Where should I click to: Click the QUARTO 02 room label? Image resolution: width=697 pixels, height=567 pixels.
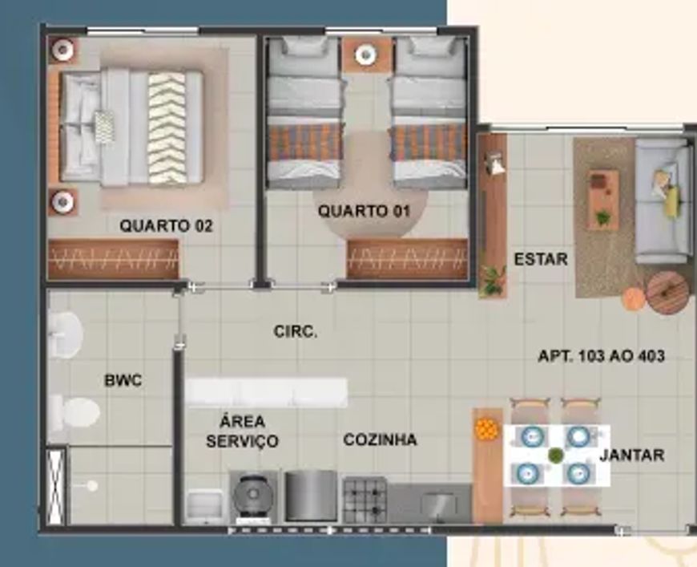[167, 225]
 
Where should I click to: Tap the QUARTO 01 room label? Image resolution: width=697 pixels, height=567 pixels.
[364, 210]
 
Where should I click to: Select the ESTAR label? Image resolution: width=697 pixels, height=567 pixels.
[541, 259]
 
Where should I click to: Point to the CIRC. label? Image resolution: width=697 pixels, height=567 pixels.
[296, 331]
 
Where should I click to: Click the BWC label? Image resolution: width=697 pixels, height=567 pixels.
[123, 380]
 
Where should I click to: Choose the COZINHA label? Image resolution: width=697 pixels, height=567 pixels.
[380, 439]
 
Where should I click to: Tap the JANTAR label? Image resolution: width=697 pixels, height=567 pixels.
[631, 456]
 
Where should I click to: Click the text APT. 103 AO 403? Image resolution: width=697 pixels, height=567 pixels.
[602, 356]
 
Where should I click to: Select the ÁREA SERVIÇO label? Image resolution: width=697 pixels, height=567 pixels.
[242, 431]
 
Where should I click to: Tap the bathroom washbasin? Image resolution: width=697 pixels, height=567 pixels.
[65, 334]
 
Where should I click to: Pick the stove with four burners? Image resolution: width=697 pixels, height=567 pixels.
[365, 500]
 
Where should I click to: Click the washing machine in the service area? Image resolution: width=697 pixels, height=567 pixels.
[253, 496]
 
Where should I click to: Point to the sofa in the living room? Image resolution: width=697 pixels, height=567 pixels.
[663, 200]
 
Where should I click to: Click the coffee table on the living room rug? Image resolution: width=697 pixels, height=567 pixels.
[603, 200]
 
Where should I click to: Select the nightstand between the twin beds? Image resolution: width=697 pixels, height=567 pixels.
[366, 55]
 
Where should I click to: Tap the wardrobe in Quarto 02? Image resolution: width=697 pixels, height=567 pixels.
[113, 260]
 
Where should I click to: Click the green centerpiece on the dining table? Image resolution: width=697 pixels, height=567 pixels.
[555, 456]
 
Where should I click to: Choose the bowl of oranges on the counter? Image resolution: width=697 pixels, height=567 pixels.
[485, 429]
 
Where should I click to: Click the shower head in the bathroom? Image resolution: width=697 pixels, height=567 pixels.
[91, 486]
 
